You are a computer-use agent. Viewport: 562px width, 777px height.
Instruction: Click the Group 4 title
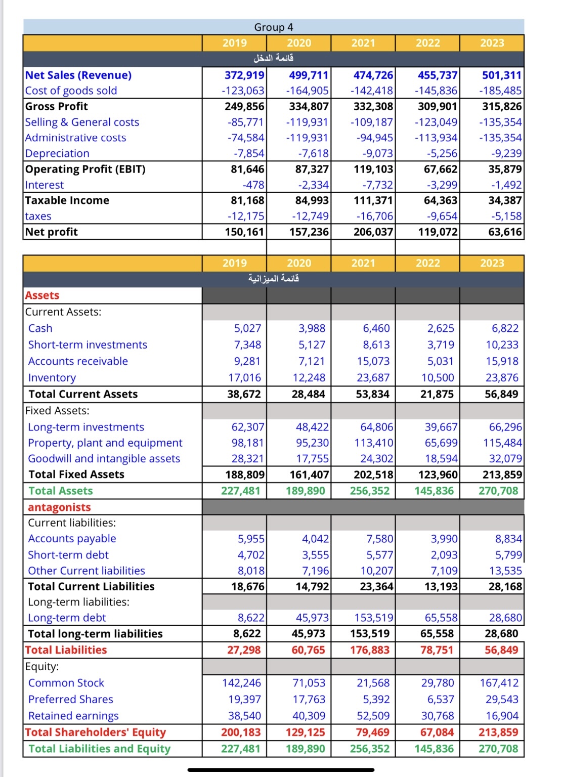pos(273,27)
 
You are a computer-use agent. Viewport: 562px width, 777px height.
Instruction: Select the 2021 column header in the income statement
pos(363,43)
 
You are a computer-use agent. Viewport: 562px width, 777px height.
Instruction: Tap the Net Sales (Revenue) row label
pos(78,75)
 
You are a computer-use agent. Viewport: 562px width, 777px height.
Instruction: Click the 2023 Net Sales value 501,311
pos(501,75)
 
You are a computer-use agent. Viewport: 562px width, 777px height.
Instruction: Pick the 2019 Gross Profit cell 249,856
pos(244,107)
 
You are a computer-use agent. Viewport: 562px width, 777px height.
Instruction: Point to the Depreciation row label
pos(57,154)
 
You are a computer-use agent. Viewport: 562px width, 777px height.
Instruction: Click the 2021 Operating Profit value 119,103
pos(373,169)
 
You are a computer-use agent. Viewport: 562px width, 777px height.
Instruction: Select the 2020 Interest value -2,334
pos(310,185)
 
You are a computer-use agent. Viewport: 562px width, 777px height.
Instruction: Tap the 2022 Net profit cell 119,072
pos(438,232)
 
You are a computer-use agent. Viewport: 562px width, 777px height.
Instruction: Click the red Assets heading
pos(42,295)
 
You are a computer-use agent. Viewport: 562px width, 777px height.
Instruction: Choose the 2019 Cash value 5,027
pos(247,328)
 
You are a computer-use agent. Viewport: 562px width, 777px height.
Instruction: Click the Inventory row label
pos(52,378)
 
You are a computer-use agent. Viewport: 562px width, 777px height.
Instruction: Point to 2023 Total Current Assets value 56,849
pos(501,394)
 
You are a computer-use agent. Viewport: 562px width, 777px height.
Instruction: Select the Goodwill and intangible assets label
pos(104,459)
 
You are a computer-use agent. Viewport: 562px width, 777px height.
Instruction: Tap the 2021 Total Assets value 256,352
pos(370,491)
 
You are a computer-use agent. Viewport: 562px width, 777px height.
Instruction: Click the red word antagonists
pos(59,507)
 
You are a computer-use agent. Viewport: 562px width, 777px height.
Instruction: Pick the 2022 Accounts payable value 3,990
pos(444,539)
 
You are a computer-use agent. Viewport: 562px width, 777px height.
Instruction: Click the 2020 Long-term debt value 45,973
pos(312,618)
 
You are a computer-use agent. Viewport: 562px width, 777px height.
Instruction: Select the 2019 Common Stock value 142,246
pos(242,683)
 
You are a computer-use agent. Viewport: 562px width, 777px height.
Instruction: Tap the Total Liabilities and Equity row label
pos(100,749)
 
